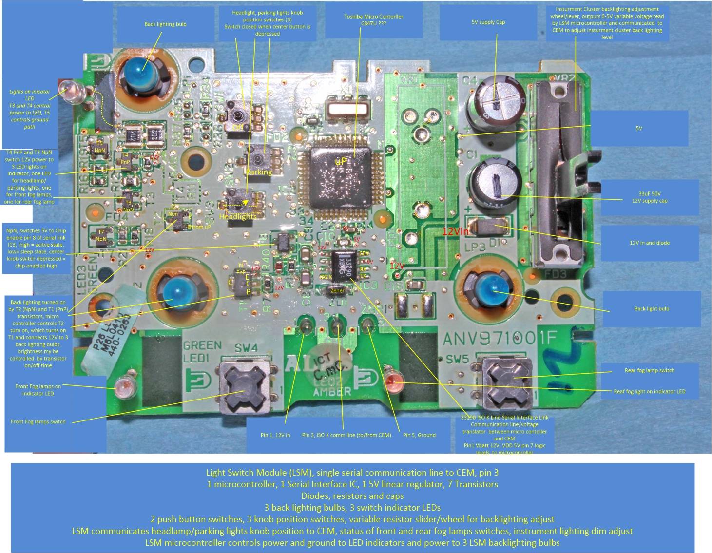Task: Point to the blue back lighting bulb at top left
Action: [139, 73]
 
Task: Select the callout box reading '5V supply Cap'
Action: [488, 22]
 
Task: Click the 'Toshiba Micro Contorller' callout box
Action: [373, 20]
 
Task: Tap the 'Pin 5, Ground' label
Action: [419, 435]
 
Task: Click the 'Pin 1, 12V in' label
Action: [275, 435]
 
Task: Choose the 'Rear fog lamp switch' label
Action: [649, 370]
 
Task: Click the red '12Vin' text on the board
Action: [456, 231]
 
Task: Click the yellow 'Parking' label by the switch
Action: [259, 172]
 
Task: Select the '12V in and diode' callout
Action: [649, 243]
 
